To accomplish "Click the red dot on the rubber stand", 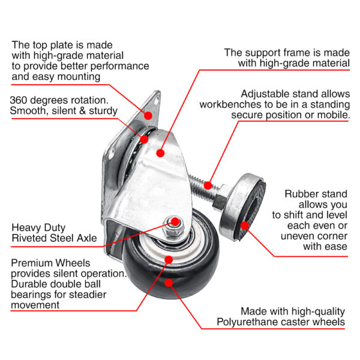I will (245, 227).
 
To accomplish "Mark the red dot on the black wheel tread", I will (170, 281).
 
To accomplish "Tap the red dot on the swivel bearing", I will (145, 139).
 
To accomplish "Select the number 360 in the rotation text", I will (20, 100).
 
